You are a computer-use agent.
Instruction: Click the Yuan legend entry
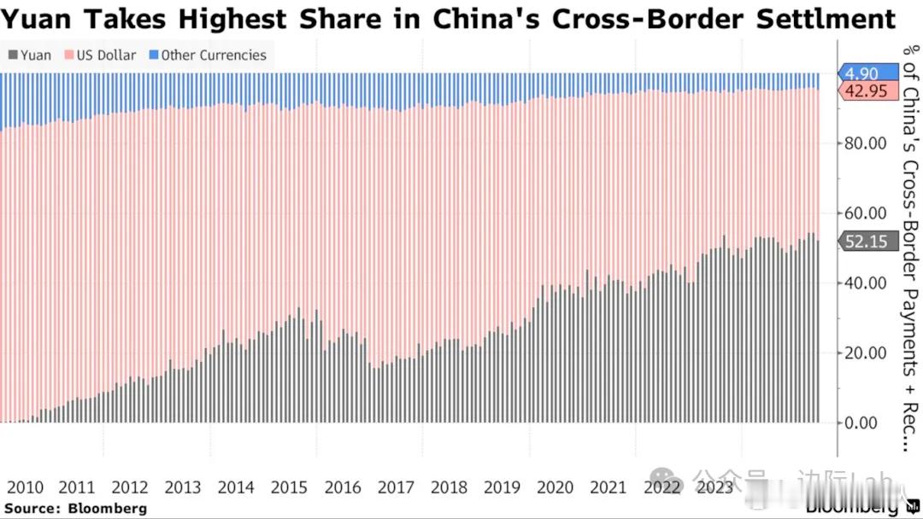pos(30,55)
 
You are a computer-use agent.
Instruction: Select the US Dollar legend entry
pos(101,55)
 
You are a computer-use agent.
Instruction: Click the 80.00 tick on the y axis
pos(865,143)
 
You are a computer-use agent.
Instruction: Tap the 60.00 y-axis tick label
pos(865,213)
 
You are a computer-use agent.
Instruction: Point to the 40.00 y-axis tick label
pos(865,283)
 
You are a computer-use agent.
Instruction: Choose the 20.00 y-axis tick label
pos(865,353)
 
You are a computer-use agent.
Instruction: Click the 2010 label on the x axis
pos(25,487)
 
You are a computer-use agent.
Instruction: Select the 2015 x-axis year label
pos(289,487)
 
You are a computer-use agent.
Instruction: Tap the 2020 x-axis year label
pos(555,487)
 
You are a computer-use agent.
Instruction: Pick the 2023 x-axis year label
pos(714,487)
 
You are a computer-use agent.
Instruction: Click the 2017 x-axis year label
pos(396,487)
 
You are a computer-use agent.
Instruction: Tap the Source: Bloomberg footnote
pos(76,509)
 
